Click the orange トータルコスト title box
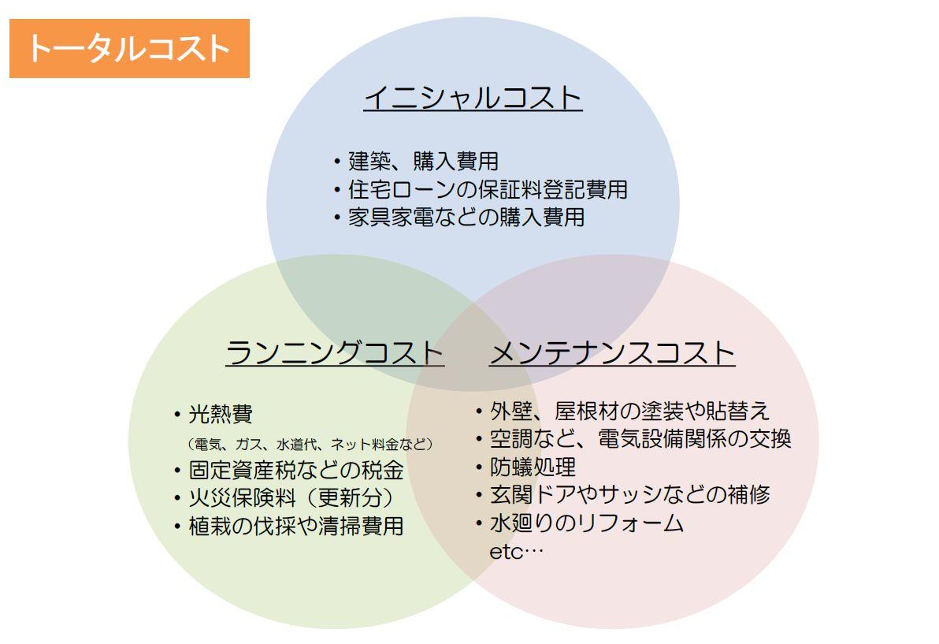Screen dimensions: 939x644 [129, 49]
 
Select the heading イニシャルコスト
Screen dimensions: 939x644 [473, 98]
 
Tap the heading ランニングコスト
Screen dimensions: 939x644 [335, 352]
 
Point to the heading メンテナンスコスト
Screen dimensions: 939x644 [612, 352]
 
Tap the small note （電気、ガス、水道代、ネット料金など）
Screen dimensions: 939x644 [310, 444]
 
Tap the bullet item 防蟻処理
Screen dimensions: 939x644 [525, 467]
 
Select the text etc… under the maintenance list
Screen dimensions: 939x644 [517, 552]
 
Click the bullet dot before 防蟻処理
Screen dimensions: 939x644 [478, 467]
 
